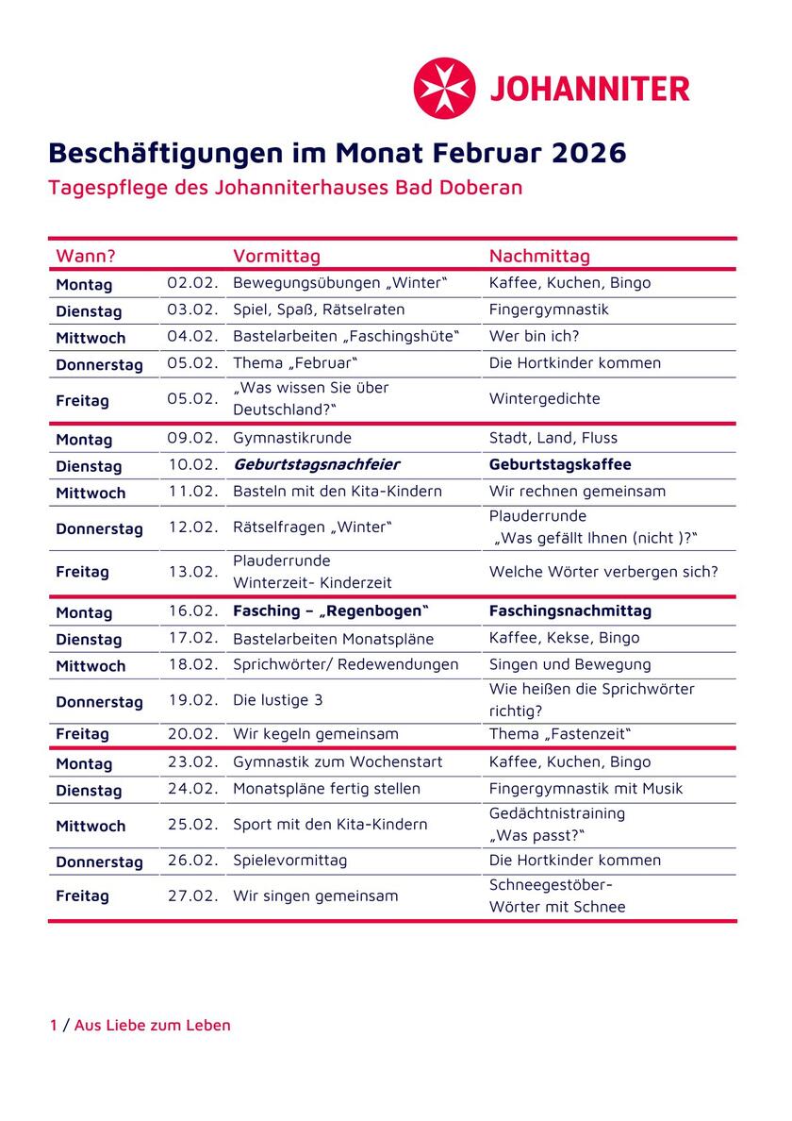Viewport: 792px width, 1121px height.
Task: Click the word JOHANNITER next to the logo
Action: coord(589,89)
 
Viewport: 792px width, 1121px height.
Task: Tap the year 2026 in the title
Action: coord(589,153)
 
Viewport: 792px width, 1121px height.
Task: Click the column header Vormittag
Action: coord(276,256)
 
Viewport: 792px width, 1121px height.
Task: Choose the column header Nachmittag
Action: coord(539,256)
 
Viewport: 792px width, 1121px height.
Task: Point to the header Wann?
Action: coord(86,256)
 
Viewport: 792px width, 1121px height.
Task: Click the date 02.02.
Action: coord(192,283)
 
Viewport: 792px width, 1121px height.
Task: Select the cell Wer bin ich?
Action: coord(534,336)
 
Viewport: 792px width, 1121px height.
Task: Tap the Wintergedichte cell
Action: coord(544,398)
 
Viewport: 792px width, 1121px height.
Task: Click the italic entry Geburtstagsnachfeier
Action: coord(316,464)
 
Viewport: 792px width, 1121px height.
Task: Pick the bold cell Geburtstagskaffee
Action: coord(560,464)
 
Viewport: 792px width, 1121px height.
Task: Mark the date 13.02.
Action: coord(192,571)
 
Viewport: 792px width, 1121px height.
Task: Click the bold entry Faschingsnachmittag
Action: coord(569,611)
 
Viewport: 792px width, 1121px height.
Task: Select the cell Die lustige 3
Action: coord(278,700)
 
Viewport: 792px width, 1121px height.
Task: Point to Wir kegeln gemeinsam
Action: coord(315,733)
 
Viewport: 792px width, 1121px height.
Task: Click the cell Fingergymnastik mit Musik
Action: coord(586,788)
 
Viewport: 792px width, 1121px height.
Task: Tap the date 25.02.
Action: coord(192,824)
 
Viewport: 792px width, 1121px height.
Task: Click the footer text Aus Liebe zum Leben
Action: coord(152,1025)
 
